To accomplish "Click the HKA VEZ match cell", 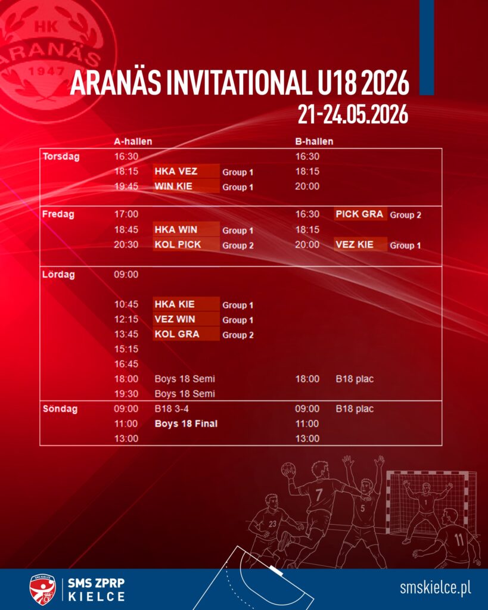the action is [187, 171].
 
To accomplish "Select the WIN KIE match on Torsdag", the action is [187, 186].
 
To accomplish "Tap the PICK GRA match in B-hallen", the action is [360, 214].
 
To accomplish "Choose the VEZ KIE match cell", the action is [360, 244].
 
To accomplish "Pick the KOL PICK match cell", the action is [187, 244].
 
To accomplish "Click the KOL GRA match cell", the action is [187, 334].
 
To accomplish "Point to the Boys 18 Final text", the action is [186, 424].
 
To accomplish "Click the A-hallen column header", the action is [133, 142].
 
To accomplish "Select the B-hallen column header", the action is [314, 142].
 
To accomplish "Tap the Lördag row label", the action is [58, 275].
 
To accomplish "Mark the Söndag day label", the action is [60, 409].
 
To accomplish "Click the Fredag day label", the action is [58, 214].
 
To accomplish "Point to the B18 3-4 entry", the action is [172, 409].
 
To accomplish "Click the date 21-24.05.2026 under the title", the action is [353, 114].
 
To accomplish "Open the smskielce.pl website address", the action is [436, 588].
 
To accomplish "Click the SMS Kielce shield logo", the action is [42, 589].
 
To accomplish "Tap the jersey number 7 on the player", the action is [319, 495].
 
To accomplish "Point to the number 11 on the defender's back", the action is [459, 540].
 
